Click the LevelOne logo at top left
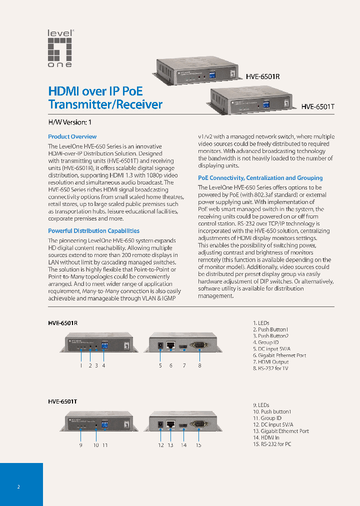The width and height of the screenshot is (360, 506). click(60, 48)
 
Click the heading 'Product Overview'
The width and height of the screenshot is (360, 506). click(72, 136)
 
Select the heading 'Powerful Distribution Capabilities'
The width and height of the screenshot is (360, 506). click(93, 231)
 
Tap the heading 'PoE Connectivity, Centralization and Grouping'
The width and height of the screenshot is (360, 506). click(260, 178)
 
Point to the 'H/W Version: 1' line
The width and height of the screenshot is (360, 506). click(70, 122)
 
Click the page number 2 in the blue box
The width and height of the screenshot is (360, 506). click(18, 486)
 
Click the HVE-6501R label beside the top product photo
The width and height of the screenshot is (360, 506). click(262, 77)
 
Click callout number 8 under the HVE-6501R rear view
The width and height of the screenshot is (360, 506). click(199, 365)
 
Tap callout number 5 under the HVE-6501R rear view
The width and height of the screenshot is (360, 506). click(160, 365)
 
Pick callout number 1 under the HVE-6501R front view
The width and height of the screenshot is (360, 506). click(80, 365)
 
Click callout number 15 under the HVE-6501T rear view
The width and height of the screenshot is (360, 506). click(198, 445)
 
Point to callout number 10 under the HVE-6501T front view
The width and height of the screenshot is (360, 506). click(95, 445)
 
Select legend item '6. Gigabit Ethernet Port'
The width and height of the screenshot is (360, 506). click(279, 355)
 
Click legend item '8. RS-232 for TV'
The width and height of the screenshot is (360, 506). click(270, 368)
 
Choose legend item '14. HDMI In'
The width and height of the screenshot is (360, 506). click(266, 437)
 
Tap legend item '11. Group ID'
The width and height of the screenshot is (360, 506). click(267, 418)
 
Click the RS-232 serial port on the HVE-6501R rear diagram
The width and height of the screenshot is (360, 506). click(199, 345)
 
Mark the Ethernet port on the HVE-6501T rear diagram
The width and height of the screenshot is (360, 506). click(170, 424)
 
